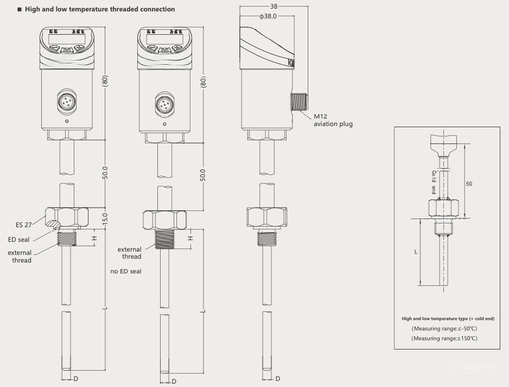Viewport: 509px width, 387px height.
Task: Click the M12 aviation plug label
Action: click(x=333, y=120)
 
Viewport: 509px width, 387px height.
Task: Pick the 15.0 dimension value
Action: click(x=106, y=219)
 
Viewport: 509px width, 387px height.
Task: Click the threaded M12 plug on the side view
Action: click(x=300, y=102)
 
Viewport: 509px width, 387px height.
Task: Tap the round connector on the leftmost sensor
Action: click(x=66, y=102)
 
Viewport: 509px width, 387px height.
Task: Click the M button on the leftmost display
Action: click(x=66, y=49)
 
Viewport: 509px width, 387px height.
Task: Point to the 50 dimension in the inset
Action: click(x=469, y=184)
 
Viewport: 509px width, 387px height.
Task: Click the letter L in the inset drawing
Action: click(x=416, y=252)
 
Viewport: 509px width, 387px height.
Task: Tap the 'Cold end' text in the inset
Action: click(x=434, y=182)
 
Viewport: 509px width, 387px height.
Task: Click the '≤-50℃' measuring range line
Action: click(x=444, y=329)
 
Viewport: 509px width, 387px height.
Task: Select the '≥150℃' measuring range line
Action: click(x=444, y=339)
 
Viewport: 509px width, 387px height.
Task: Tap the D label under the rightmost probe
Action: click(x=278, y=378)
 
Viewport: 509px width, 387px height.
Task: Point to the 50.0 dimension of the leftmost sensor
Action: click(x=106, y=173)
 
